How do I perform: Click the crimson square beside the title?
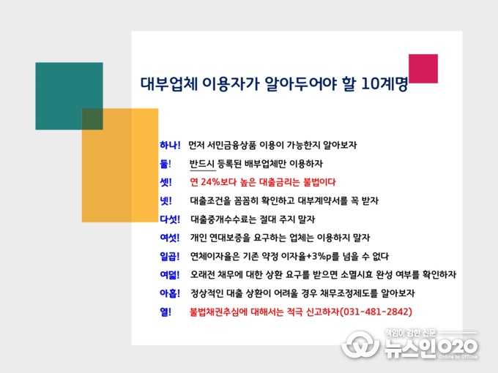(423, 69)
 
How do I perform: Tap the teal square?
(69, 96)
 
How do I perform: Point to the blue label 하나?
(170, 146)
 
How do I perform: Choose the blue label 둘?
(166, 164)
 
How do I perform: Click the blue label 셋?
(166, 182)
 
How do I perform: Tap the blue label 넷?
(166, 201)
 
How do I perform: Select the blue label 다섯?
(170, 219)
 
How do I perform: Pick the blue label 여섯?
(170, 238)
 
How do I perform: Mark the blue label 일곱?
(170, 256)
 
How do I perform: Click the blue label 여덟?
(170, 275)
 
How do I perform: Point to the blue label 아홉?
(170, 293)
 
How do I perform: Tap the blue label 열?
(166, 312)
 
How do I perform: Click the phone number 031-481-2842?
(376, 312)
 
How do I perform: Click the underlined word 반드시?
(202, 164)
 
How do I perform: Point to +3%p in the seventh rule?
(319, 256)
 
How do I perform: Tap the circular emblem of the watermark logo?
(360, 344)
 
